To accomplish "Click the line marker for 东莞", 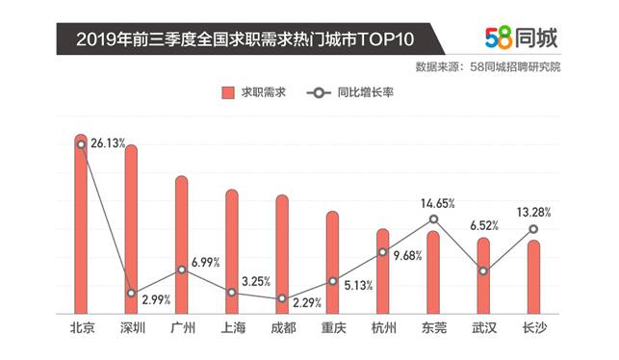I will point(433,219).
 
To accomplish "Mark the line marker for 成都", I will point(282,298).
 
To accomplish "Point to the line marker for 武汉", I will point(483,270).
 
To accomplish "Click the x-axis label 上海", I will point(232,328).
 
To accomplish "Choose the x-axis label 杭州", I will point(383,328).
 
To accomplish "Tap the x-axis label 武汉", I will point(483,328).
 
